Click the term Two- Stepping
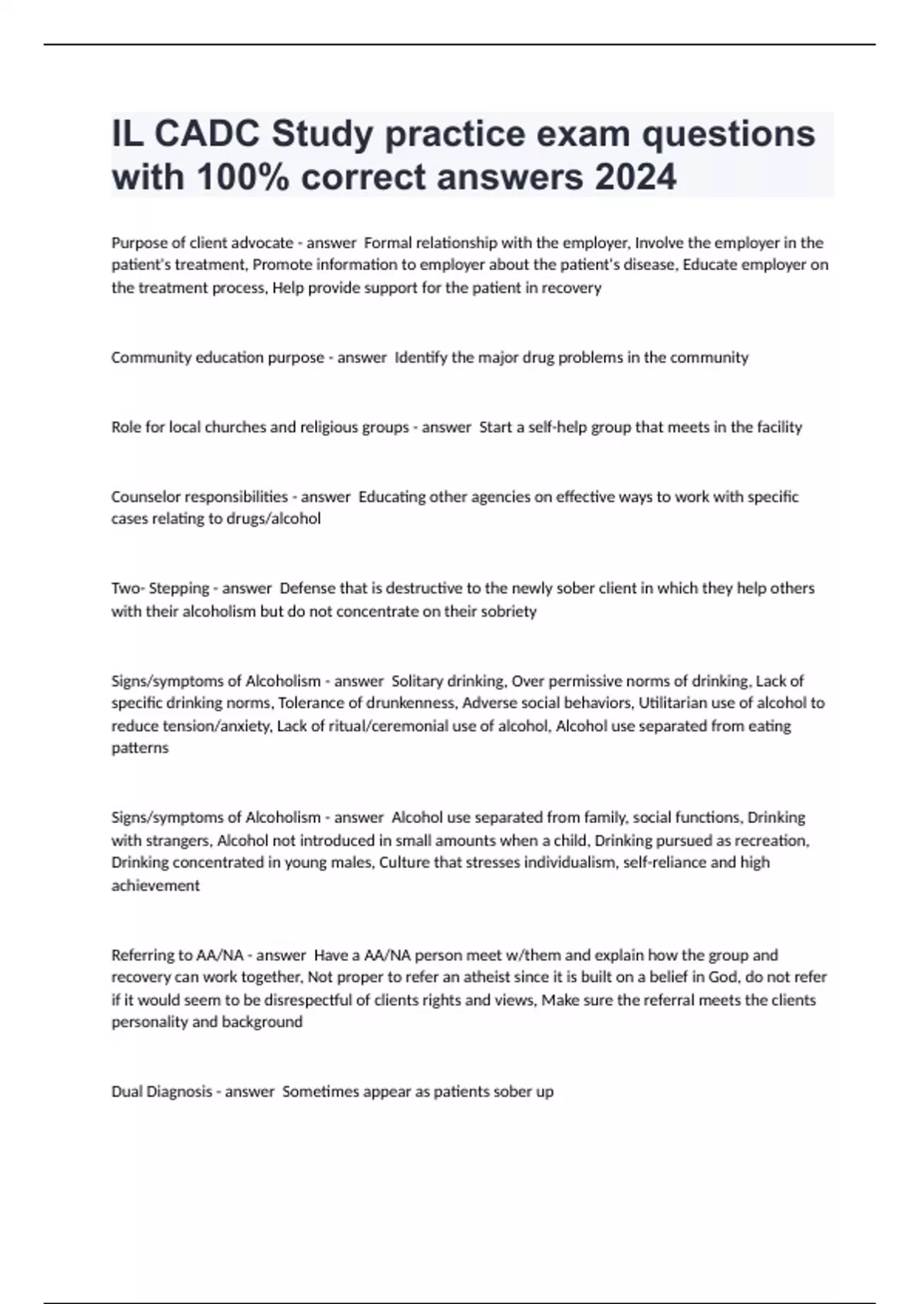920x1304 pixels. (160, 588)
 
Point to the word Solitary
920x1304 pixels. (417, 681)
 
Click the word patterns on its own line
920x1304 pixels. (140, 748)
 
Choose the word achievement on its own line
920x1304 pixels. (156, 885)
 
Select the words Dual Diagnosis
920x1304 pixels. (162, 1092)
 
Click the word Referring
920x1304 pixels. (142, 955)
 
